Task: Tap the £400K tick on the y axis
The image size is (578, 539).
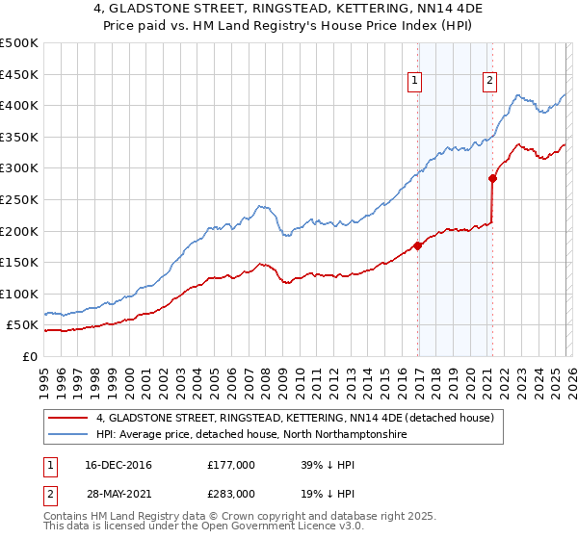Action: click(19, 106)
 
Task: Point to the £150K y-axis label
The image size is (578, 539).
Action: click(19, 262)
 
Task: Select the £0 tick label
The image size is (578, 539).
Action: click(28, 356)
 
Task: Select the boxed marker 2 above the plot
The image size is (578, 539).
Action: click(490, 82)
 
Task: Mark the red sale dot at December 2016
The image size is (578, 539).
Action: click(417, 245)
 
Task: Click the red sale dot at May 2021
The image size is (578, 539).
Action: click(492, 178)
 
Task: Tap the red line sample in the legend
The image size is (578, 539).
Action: click(68, 418)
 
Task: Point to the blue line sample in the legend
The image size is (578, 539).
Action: click(68, 435)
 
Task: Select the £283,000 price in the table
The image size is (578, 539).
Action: click(231, 493)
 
